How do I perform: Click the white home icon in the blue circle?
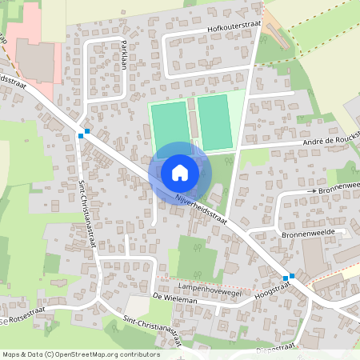click(180, 172)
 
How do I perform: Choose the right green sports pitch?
click(214, 122)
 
